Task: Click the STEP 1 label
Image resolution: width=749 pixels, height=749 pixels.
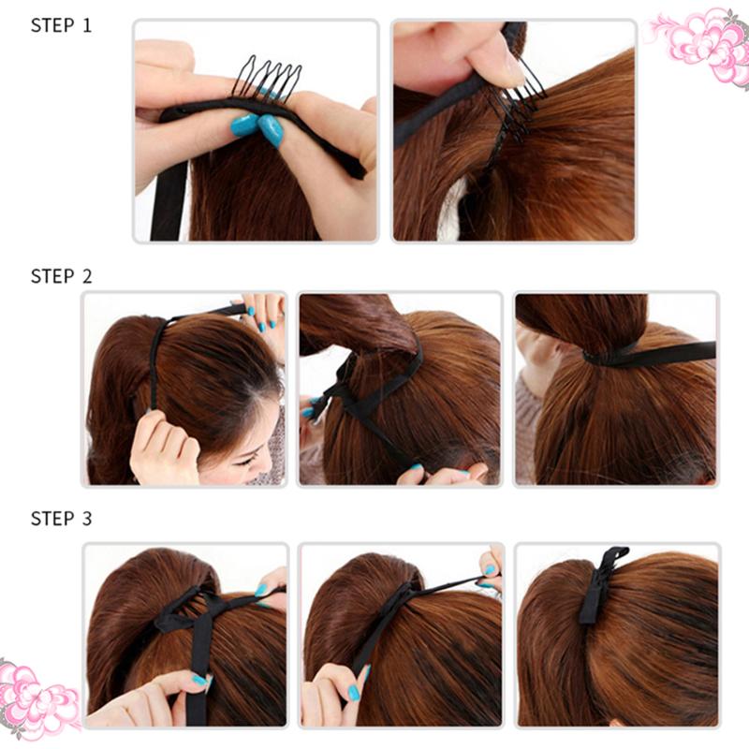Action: (61, 25)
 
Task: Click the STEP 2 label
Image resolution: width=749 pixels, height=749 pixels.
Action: (61, 276)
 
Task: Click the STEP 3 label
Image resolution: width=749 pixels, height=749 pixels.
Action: (61, 518)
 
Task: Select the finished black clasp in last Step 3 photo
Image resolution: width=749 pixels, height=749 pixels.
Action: (599, 585)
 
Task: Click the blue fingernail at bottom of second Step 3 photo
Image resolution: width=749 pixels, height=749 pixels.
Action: (353, 693)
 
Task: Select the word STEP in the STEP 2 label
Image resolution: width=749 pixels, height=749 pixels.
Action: (51, 276)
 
